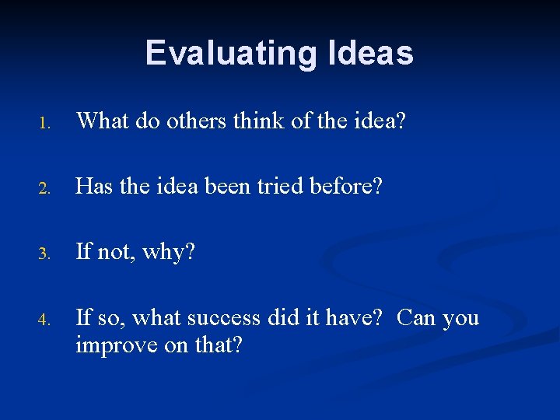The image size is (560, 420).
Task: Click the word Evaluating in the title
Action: pyautogui.click(x=229, y=53)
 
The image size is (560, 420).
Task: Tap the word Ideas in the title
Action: pyautogui.click(x=367, y=53)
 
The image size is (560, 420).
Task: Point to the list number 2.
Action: pyautogui.click(x=46, y=188)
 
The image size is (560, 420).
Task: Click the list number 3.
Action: pyautogui.click(x=46, y=254)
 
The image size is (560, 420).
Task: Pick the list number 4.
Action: pyautogui.click(x=46, y=319)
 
